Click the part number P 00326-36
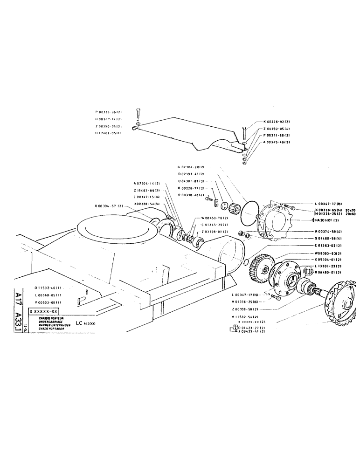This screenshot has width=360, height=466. pos(109,112)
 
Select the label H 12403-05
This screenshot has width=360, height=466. pos(109,133)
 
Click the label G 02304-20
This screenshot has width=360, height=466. pos(191,167)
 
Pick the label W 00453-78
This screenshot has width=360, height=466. pos(215,218)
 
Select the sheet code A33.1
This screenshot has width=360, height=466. pos(18,316)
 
